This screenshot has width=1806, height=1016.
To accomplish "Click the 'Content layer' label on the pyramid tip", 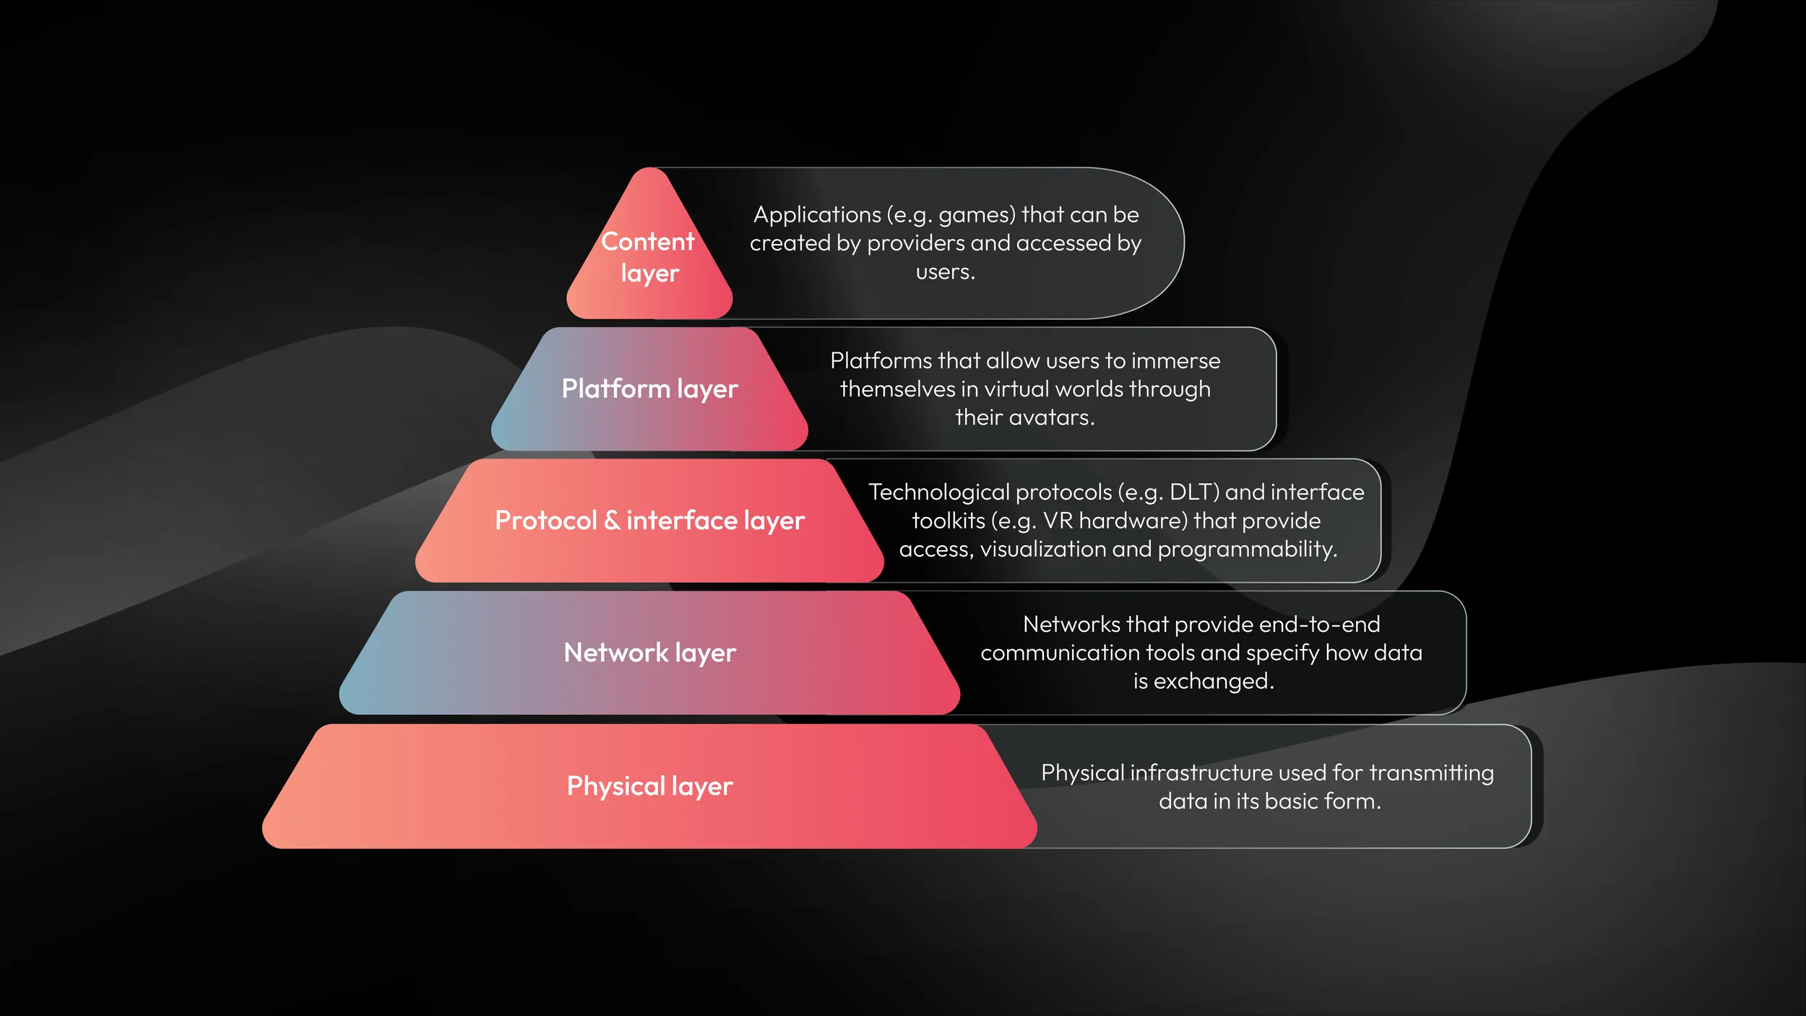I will click(x=648, y=257).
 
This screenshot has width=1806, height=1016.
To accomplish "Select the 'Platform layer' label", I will click(x=649, y=389).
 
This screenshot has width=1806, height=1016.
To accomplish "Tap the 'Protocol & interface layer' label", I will click(x=649, y=521).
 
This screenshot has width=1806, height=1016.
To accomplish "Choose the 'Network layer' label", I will click(x=649, y=653).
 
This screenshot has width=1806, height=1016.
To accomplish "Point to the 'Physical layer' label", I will click(x=649, y=786).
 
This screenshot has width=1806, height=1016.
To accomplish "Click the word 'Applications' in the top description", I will click(x=817, y=215).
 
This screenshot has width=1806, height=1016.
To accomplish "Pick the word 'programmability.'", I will click(x=1248, y=550).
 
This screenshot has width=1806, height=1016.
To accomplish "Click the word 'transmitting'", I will click(x=1431, y=773).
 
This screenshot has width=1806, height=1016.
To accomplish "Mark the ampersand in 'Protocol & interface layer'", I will click(x=611, y=521).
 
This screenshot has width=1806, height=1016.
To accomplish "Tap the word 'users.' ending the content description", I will click(x=945, y=272).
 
